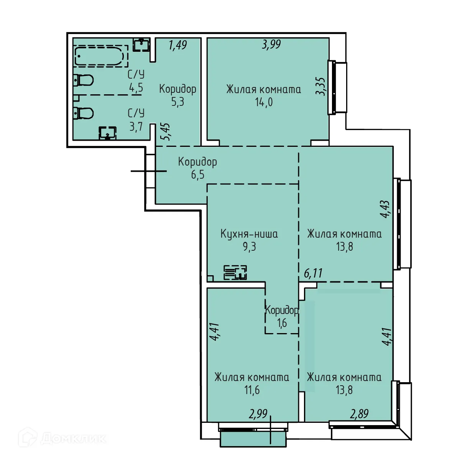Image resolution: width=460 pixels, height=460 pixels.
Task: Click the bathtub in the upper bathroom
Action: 100,56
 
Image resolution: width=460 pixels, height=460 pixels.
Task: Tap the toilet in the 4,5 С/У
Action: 84,80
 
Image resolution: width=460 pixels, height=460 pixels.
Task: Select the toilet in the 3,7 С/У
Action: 84,113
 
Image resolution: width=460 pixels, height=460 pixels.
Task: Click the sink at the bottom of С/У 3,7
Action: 108,133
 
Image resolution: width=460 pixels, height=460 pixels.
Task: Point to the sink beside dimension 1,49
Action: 141,44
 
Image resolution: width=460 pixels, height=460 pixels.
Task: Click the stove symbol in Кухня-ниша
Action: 235,272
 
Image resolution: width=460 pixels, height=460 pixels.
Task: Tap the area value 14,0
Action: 264,102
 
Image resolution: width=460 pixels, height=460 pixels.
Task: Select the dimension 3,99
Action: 271,44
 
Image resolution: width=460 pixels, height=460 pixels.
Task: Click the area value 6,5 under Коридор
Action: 198,175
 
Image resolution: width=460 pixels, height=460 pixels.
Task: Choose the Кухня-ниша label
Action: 249,234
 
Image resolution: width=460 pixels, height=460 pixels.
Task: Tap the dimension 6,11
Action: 313,273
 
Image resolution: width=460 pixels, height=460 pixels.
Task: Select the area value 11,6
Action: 252,390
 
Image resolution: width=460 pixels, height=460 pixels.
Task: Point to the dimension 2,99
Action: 258,414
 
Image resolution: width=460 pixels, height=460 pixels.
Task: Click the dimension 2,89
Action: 359,414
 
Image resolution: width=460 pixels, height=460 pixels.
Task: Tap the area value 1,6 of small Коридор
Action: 282,323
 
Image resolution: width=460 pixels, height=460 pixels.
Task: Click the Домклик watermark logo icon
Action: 28,437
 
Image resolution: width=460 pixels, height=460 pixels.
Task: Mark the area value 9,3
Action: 249,246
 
